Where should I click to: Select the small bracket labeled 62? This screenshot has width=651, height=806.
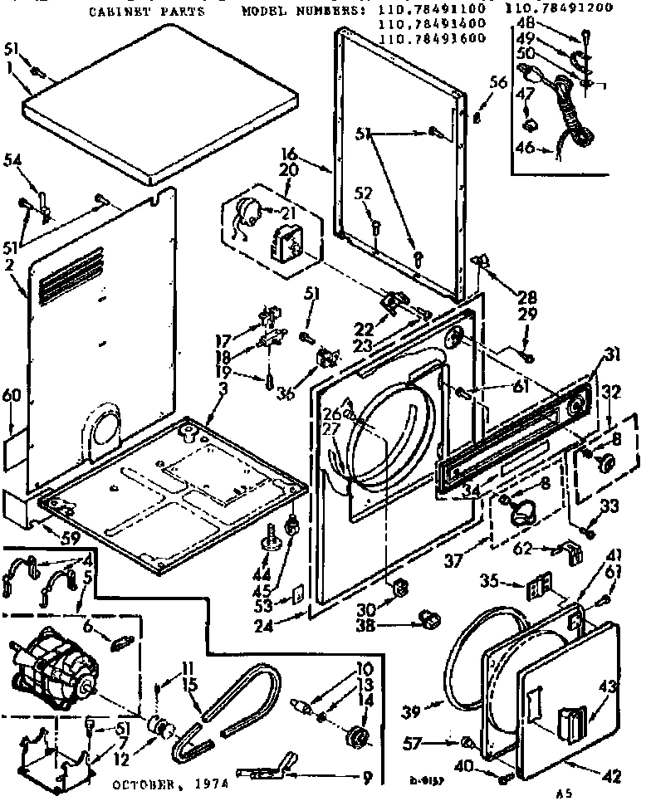pos(573,550)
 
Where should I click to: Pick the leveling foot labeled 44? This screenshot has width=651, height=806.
pos(270,540)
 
